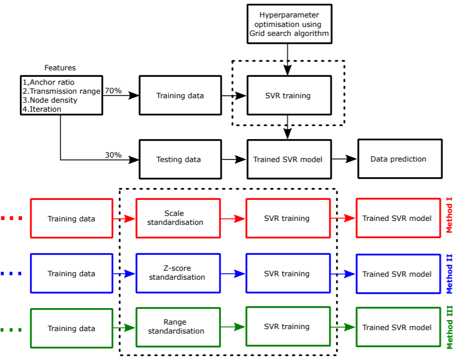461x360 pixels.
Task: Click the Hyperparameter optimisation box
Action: pos(289,24)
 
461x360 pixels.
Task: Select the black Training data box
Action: pos(180,95)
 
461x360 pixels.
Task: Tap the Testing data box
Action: pos(180,159)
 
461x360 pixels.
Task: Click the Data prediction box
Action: pos(399,159)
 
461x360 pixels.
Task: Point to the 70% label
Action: pos(113,91)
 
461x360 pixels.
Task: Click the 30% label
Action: pos(113,155)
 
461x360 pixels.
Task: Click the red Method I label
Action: pos(450,215)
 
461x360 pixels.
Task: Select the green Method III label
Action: pos(450,328)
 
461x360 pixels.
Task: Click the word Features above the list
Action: pos(60,68)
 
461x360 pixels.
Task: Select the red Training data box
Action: pos(72,218)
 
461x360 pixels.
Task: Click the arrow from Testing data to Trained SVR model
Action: pos(234,159)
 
